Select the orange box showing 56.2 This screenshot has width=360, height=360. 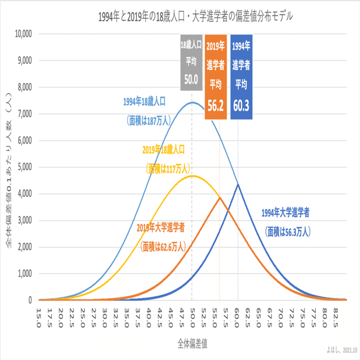(x=215, y=76)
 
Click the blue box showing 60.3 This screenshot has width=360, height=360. (x=241, y=76)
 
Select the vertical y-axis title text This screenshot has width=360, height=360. (x=9, y=167)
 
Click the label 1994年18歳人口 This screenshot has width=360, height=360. (x=144, y=101)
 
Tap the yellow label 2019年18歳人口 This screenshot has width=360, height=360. (x=165, y=149)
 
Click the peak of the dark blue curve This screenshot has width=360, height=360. (x=238, y=185)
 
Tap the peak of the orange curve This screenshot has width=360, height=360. (x=220, y=198)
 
